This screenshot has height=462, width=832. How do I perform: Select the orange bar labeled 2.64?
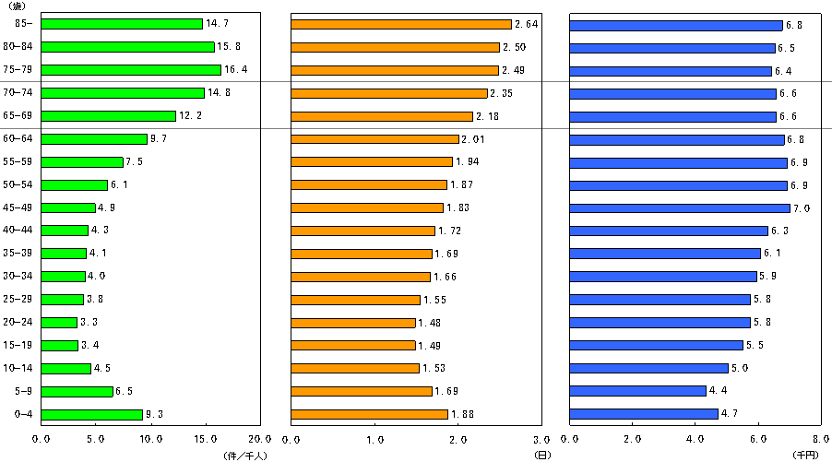coord(401,24)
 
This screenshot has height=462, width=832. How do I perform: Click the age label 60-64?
coord(18,138)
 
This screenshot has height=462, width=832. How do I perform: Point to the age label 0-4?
coord(21,414)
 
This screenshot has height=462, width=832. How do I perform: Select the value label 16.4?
coord(234,70)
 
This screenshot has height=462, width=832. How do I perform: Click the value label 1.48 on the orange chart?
coord(429,323)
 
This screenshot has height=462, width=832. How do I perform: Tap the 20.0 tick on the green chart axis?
coord(260,440)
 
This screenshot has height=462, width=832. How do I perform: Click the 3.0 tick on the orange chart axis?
coord(541,440)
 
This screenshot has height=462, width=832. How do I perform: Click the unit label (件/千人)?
coord(244,455)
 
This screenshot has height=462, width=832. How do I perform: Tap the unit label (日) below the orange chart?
coord(541,455)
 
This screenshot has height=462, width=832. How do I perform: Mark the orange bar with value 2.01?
coord(375,139)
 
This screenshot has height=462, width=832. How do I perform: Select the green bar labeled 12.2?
coord(109,116)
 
